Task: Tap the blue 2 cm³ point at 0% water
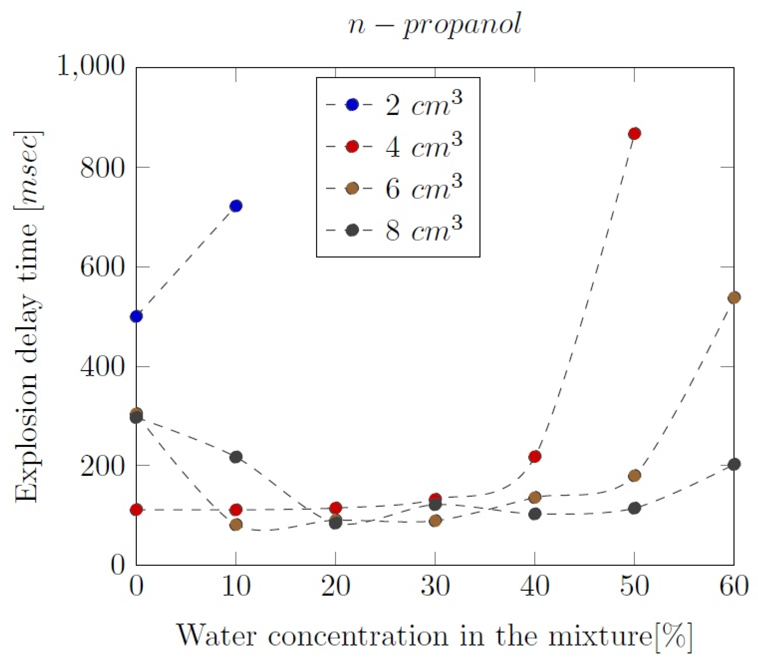pyautogui.click(x=136, y=316)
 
